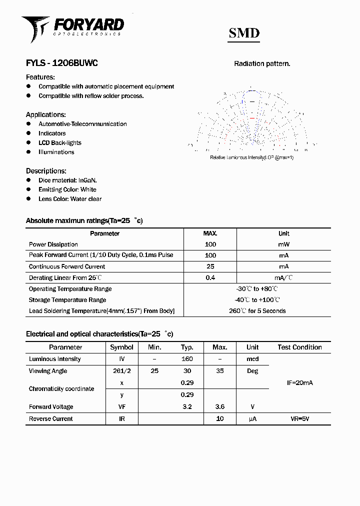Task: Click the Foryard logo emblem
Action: [x=34, y=28]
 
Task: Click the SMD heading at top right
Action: [x=244, y=33]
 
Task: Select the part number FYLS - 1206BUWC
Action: [x=61, y=63]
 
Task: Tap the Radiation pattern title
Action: [x=262, y=63]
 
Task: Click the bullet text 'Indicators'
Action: [x=52, y=133]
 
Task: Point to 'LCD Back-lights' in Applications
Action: [x=59, y=143]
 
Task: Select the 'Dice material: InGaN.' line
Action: [x=67, y=180]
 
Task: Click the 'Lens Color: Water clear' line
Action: [x=70, y=199]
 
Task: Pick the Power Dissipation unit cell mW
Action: [x=283, y=244]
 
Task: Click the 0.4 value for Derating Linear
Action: [x=210, y=277]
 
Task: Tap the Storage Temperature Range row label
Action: [x=67, y=300]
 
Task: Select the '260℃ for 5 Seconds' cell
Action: [x=257, y=311]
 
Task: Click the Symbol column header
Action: [x=121, y=347]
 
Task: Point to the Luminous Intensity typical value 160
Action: [x=187, y=359]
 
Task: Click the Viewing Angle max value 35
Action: [x=219, y=371]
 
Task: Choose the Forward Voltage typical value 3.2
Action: [x=187, y=407]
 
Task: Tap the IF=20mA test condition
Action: [x=299, y=383]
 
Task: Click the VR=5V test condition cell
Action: [x=299, y=419]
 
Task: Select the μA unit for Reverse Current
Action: [x=252, y=419]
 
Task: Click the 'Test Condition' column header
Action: [x=299, y=347]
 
